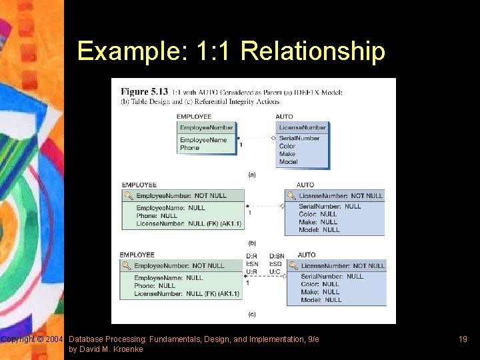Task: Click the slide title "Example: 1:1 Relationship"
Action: tap(231, 51)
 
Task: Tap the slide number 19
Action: tap(463, 339)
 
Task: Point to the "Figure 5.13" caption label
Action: tap(143, 91)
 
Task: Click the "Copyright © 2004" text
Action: tap(32, 339)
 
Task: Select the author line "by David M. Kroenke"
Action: tap(105, 349)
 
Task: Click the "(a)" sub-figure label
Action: tap(252, 175)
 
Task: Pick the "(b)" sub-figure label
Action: tap(252, 243)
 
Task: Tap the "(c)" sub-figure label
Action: tap(251, 314)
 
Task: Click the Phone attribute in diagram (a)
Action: tap(190, 148)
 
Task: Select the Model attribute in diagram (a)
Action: tap(289, 162)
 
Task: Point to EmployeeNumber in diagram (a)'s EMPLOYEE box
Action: tap(207, 127)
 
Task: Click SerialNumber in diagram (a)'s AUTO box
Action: tap(299, 138)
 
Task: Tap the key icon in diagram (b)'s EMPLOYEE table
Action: tap(128, 196)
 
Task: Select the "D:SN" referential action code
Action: tap(277, 255)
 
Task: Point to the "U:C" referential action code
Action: tap(275, 271)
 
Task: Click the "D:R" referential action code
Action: tap(252, 255)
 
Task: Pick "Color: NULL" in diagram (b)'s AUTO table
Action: tap(318, 214)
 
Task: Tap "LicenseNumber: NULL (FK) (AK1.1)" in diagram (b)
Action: tap(189, 224)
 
